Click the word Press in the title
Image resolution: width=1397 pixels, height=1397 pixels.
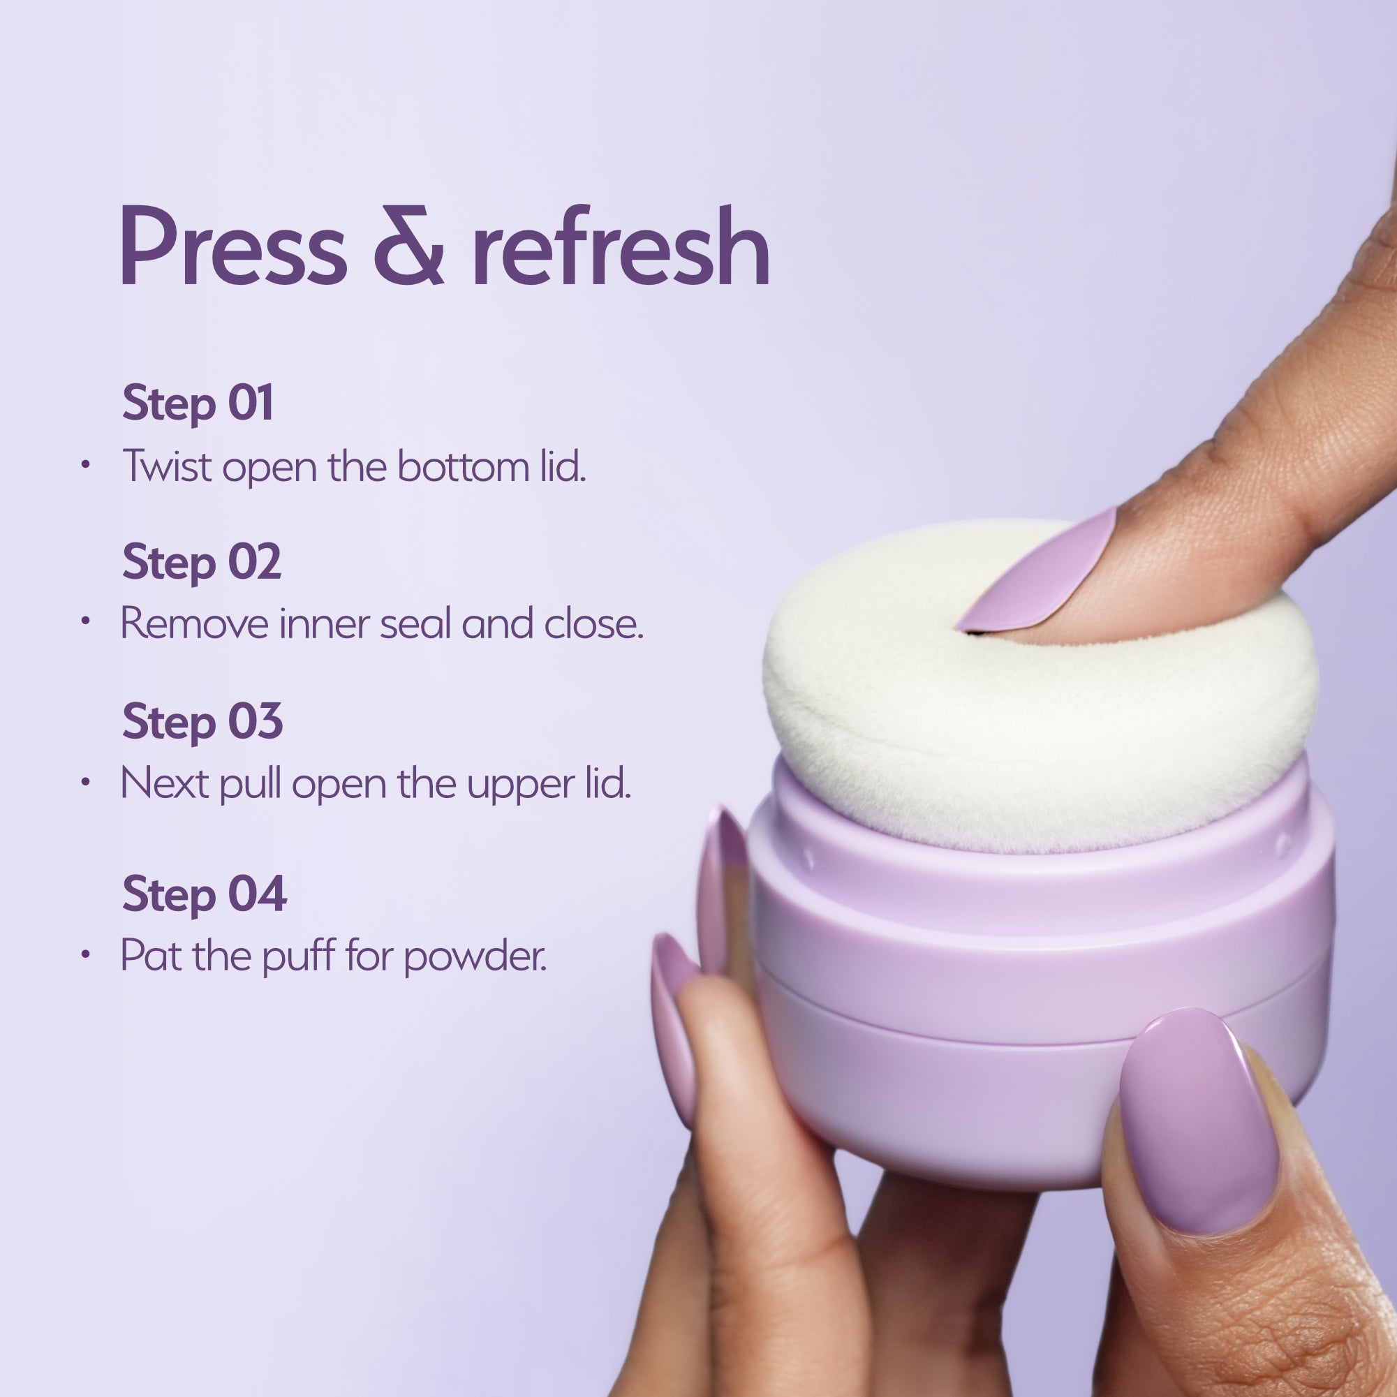coord(233,246)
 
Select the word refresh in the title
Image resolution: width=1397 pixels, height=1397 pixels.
coord(621,246)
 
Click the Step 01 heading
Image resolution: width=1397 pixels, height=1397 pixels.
coord(198,404)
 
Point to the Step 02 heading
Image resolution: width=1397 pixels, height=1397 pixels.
coord(201,562)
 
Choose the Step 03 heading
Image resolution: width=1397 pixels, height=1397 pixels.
coord(202,721)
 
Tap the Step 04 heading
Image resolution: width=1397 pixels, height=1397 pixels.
coord(204,894)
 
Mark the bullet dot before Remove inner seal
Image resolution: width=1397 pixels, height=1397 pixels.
coord(85,621)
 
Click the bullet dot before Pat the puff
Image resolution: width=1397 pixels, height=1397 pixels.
coord(85,954)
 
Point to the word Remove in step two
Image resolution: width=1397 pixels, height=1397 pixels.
coord(194,623)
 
